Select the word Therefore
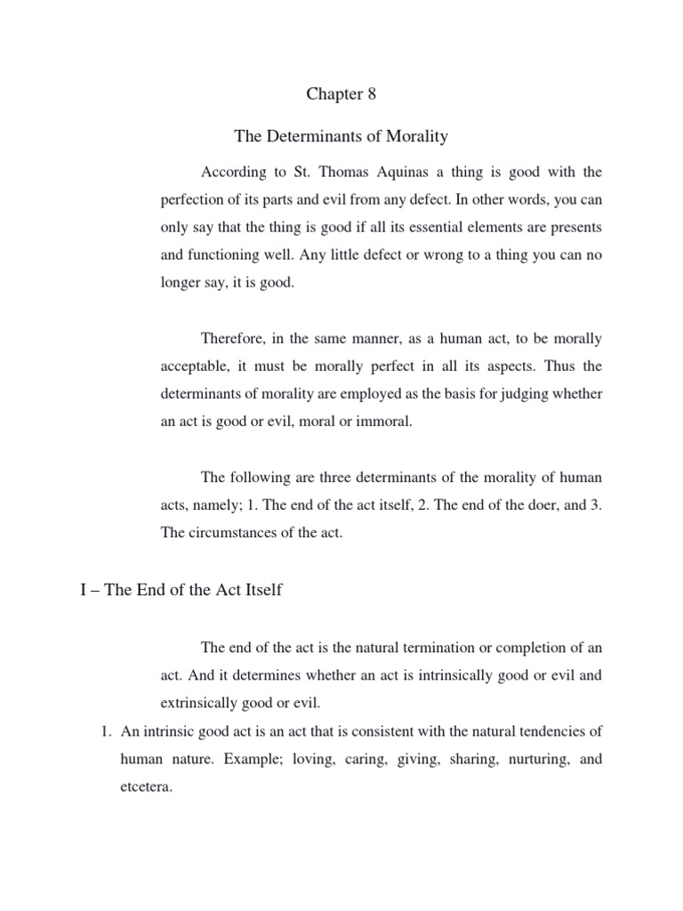click(237, 339)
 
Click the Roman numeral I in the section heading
click(83, 591)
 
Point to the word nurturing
click(537, 759)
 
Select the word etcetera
click(145, 786)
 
